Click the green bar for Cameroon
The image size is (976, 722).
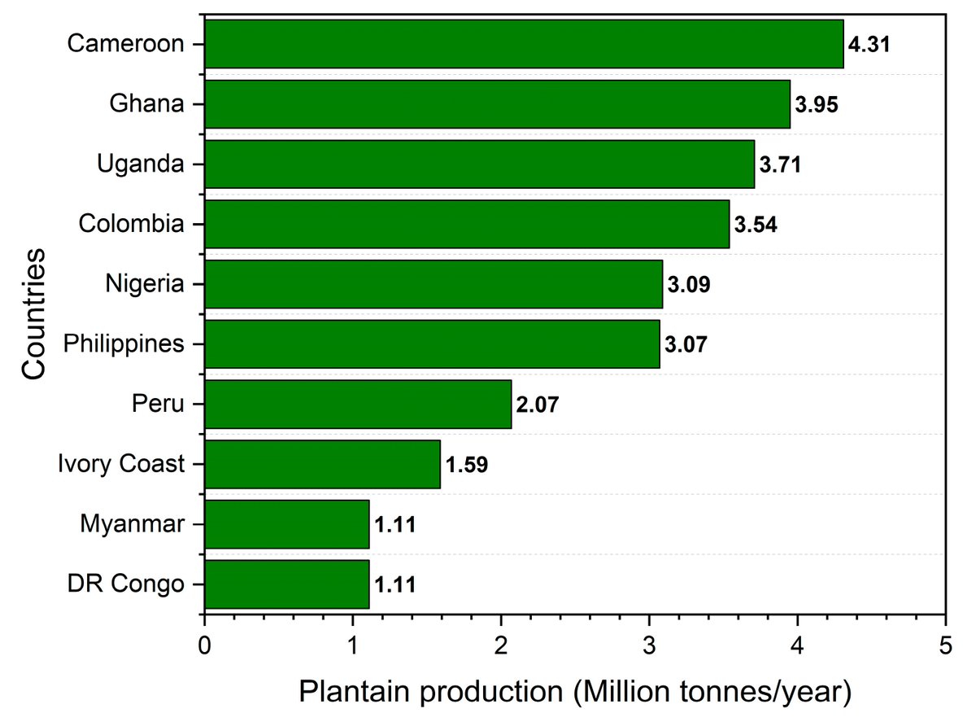524,44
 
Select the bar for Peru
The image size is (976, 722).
358,404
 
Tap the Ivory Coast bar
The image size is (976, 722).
322,464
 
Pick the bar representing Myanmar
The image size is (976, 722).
286,524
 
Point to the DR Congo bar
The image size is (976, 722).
286,584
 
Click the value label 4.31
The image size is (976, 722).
869,44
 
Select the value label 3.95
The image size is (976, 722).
816,104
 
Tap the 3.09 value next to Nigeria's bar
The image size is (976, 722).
689,285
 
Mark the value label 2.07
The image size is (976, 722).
538,405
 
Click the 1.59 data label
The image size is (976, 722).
466,465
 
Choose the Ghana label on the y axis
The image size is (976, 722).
147,104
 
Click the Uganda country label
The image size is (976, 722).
140,164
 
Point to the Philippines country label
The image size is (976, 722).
124,344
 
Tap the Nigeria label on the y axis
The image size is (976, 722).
145,284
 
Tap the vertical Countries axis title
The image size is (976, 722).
33,314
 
